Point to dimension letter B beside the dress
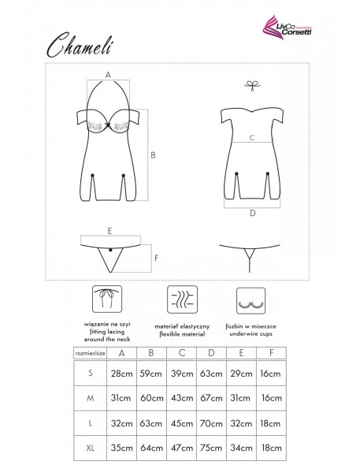[x=154, y=155]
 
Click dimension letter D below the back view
[x=251, y=213]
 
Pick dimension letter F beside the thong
[x=157, y=257]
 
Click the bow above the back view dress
[x=251, y=85]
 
